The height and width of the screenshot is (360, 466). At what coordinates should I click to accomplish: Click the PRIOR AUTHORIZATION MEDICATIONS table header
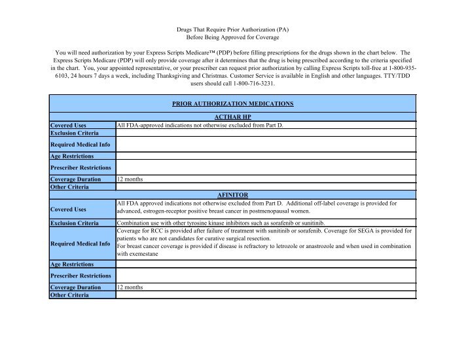pyautogui.click(x=232, y=103)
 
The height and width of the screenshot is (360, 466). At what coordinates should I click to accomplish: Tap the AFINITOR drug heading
pyautogui.click(x=232, y=194)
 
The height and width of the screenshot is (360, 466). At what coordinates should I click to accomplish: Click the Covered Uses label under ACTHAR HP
pyautogui.click(x=69, y=124)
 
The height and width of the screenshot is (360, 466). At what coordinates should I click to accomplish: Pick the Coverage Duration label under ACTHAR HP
pyautogui.click(x=75, y=179)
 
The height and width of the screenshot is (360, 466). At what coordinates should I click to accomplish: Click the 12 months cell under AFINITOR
pyautogui.click(x=130, y=287)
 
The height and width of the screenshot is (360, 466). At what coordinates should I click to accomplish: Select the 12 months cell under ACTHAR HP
pyautogui.click(x=130, y=179)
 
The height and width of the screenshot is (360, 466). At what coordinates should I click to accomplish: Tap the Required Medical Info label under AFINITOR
pyautogui.click(x=80, y=243)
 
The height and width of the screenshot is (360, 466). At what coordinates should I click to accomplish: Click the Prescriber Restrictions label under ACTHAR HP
pyautogui.click(x=81, y=168)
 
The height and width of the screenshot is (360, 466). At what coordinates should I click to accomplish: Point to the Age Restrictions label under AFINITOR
pyautogui.click(x=72, y=264)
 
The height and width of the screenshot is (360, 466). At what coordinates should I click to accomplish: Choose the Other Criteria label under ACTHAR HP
pyautogui.click(x=69, y=187)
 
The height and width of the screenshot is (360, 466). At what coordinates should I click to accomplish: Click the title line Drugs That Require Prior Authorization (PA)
pyautogui.click(x=232, y=30)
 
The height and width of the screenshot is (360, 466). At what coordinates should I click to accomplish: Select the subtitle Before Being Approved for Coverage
pyautogui.click(x=232, y=39)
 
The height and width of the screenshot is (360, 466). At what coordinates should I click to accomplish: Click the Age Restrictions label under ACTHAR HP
pyautogui.click(x=72, y=156)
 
